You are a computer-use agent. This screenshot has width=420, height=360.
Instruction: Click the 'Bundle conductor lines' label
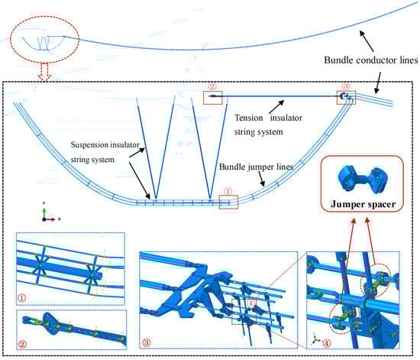pos(371,60)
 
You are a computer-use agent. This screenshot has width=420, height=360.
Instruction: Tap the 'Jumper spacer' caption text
pos(363,204)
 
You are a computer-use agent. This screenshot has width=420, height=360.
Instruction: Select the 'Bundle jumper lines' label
pos(256,167)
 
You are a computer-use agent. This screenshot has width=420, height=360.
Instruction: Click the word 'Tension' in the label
pos(249,118)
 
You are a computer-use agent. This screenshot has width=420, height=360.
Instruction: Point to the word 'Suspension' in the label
pos(89,145)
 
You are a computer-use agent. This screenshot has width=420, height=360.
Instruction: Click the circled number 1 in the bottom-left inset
pos(21,298)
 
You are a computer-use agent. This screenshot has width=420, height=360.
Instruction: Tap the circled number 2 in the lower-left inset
pos(22,344)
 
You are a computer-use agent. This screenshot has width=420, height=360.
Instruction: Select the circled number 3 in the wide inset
pos(147,342)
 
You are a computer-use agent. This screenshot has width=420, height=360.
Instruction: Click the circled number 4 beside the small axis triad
pos(327,343)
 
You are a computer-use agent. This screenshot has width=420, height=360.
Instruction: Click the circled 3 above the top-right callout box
pos(346,86)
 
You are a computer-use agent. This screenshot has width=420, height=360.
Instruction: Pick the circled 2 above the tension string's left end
pos(212,86)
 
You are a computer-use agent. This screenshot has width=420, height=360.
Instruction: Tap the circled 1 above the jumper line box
pos(228,191)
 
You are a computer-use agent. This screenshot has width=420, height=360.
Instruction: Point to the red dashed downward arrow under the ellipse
pos(45,72)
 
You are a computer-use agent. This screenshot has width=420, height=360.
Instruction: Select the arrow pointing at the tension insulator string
pos(276,107)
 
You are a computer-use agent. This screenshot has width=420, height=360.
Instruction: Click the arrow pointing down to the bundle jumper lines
pos(261,179)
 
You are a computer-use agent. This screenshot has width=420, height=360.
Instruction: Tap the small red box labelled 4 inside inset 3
pos(244,312)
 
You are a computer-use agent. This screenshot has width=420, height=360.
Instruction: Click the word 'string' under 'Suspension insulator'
pos(80,160)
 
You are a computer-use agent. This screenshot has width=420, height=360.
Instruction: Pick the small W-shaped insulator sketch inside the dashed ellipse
pos(44,43)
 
